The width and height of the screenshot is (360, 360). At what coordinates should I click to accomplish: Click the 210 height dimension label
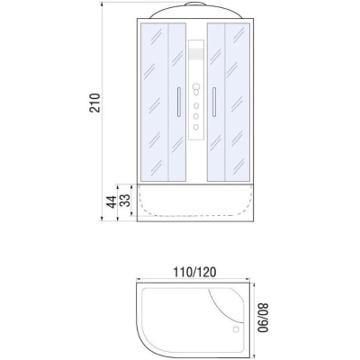[94, 103]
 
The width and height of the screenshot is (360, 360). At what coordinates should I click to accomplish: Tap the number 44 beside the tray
[111, 202]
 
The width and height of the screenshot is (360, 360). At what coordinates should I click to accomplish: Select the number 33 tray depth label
[125, 201]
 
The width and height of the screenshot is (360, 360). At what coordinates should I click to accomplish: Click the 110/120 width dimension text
[194, 272]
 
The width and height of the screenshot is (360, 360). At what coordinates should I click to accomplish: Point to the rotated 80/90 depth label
[263, 318]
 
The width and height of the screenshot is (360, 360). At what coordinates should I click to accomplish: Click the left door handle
[179, 102]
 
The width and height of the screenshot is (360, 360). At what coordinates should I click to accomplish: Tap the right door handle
[214, 102]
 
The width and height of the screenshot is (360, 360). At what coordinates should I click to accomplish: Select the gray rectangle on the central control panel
[196, 54]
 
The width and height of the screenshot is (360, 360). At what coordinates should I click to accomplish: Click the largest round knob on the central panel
[196, 87]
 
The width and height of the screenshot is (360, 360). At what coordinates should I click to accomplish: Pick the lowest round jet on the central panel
[196, 127]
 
